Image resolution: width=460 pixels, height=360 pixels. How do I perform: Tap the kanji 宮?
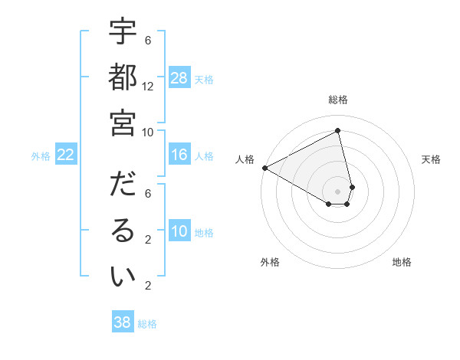[x=123, y=123]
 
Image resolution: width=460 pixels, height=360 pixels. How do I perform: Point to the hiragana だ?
[x=123, y=186]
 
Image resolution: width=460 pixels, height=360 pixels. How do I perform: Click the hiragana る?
[x=123, y=231]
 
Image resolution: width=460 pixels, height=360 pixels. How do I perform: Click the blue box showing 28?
[x=179, y=77]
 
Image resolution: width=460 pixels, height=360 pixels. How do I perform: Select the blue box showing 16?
[x=179, y=155]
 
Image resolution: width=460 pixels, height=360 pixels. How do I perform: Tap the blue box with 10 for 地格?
[x=179, y=231]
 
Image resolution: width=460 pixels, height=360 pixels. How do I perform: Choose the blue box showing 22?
[x=66, y=155]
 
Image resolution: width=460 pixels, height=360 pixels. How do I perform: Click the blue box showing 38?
[x=123, y=322]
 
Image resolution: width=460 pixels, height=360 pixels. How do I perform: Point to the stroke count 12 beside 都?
[x=148, y=87]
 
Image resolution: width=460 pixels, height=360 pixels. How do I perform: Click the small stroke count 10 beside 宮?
[x=148, y=132]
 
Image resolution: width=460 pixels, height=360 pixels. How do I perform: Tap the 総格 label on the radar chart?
[x=338, y=100]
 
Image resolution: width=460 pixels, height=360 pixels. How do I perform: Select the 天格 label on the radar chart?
[x=431, y=159]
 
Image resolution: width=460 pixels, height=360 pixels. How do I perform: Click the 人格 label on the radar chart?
[x=245, y=159]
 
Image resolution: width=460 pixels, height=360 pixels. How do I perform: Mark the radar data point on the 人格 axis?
[x=264, y=168]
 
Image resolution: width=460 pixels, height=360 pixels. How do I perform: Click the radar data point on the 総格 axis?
[x=338, y=131]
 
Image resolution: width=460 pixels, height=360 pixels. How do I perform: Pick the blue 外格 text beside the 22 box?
[x=41, y=155]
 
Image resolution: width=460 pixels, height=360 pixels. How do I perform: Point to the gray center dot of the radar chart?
[x=338, y=191]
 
